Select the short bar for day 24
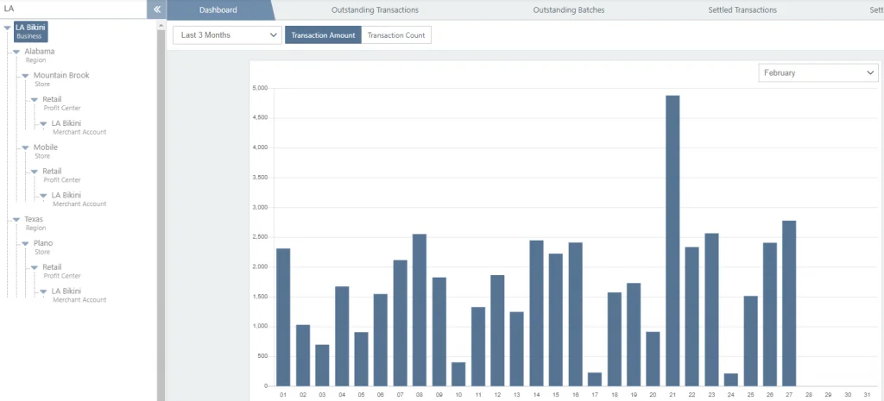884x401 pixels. (731, 379)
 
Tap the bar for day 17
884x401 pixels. (595, 379)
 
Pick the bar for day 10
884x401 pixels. (458, 373)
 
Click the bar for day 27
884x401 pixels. (789, 303)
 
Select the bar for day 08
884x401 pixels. (420, 310)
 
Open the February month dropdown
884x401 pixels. (818, 73)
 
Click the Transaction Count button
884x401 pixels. (396, 35)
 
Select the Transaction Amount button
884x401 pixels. (323, 35)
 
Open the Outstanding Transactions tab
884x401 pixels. (375, 10)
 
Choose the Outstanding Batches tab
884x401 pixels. (569, 10)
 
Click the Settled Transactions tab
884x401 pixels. (741, 10)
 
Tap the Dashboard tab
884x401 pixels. (218, 10)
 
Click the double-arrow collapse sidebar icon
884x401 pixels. (157, 9)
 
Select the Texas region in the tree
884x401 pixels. (34, 219)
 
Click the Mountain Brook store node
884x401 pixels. (61, 75)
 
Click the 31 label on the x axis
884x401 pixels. (867, 395)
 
